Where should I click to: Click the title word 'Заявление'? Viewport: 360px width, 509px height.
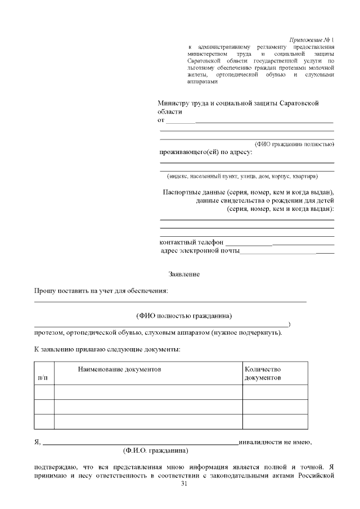pyautogui.click(x=184, y=274)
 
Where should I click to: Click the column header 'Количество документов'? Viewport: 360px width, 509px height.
pyautogui.click(x=263, y=373)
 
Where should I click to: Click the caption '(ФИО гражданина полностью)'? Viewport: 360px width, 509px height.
pyautogui.click(x=295, y=144)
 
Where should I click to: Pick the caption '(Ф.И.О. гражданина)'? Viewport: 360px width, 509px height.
pyautogui.click(x=155, y=451)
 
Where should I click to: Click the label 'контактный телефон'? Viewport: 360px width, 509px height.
pyautogui.click(x=191, y=242)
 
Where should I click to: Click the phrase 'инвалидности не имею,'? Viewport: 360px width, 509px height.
pyautogui.click(x=275, y=442)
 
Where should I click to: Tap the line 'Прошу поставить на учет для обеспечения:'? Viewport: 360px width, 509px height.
pyautogui.click(x=101, y=291)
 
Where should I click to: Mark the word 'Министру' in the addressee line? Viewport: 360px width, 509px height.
pyautogui.click(x=176, y=103)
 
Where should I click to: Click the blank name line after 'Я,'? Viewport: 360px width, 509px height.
pyautogui.click(x=141, y=443)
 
